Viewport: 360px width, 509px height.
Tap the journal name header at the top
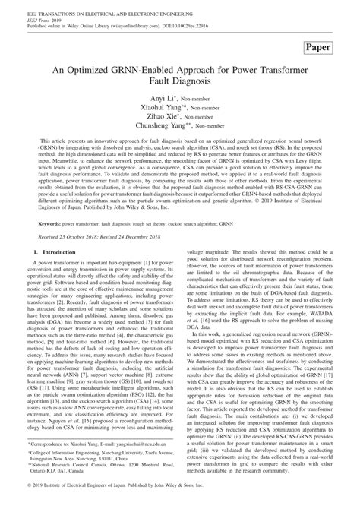point(100,7)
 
